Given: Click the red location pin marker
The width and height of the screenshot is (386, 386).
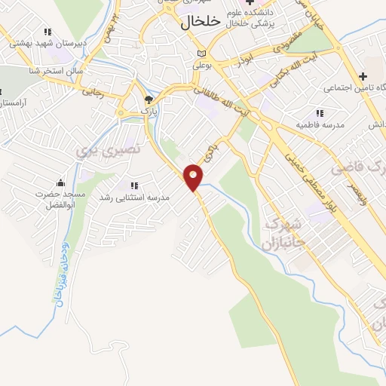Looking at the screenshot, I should point(195,176).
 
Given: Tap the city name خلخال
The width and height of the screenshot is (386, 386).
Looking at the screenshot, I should point(201,23).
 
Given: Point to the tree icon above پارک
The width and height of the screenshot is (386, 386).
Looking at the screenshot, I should point(149,100).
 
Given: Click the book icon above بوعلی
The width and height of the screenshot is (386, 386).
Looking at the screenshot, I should point(201,54).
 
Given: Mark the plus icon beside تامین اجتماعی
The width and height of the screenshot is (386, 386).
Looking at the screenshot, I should point(363,76).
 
